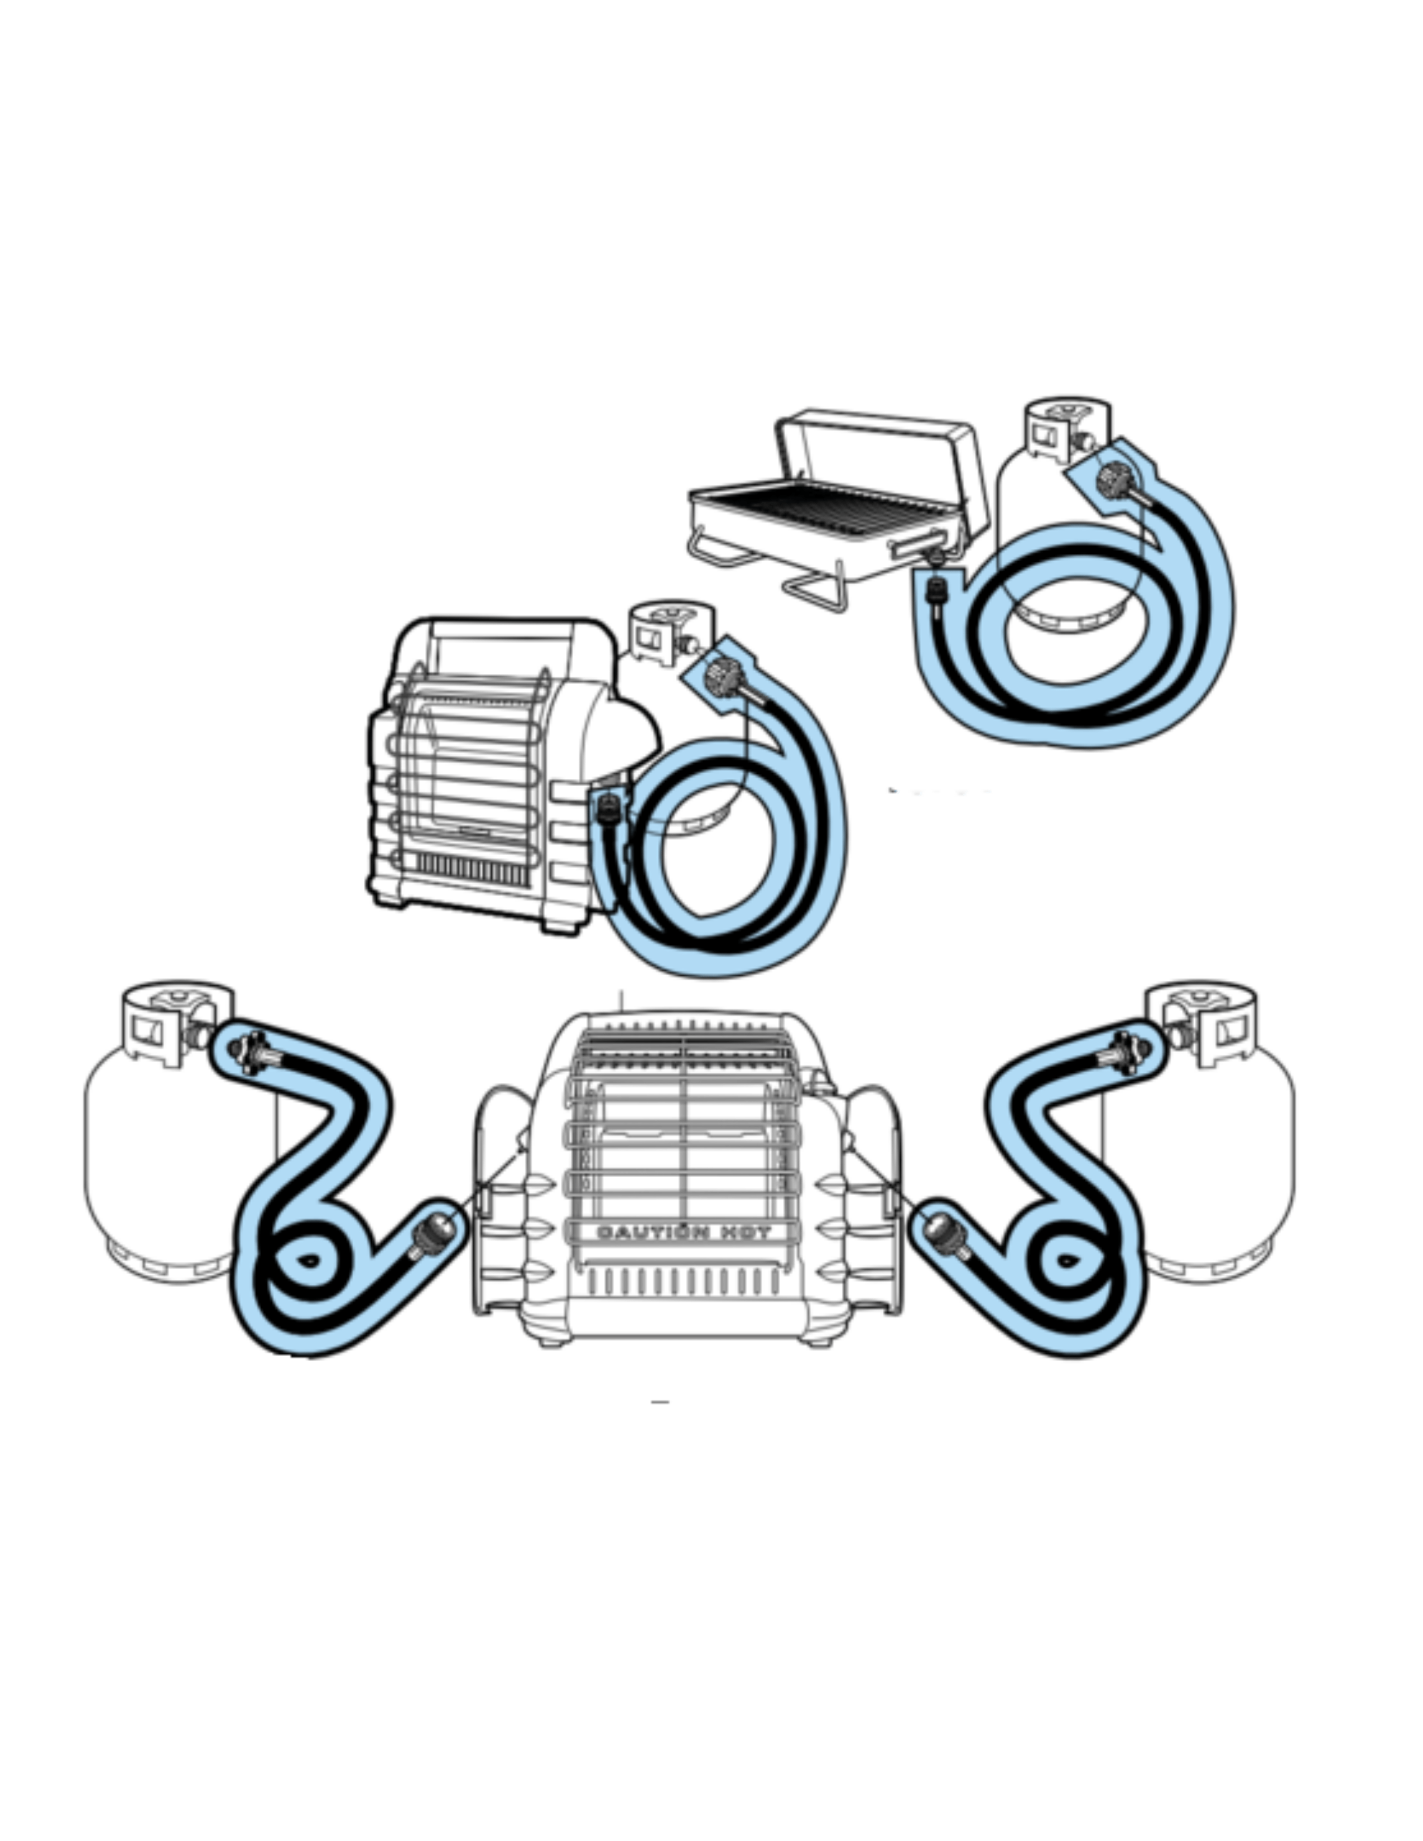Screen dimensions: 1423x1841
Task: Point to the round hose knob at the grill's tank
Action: point(1118,480)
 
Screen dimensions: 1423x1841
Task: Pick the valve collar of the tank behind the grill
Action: point(1066,430)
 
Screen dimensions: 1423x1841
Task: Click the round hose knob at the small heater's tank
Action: point(723,677)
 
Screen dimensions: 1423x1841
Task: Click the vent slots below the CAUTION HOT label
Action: point(683,1282)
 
